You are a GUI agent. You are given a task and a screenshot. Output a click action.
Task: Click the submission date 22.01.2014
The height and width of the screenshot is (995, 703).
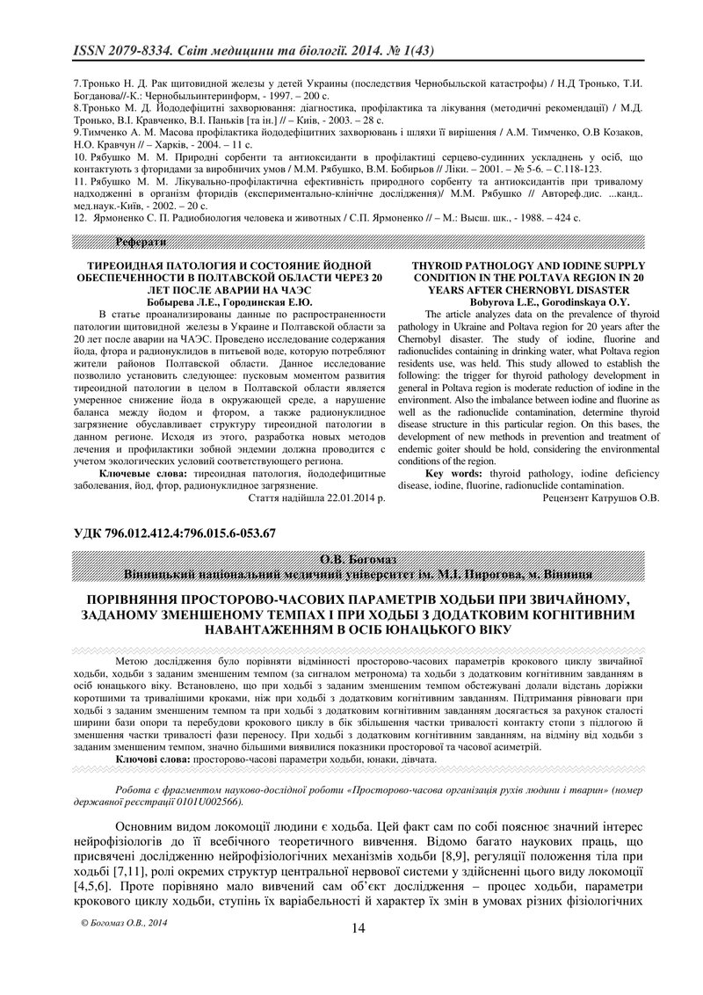[336, 497]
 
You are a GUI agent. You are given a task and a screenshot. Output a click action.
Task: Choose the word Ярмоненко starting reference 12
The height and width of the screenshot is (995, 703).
[112, 216]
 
